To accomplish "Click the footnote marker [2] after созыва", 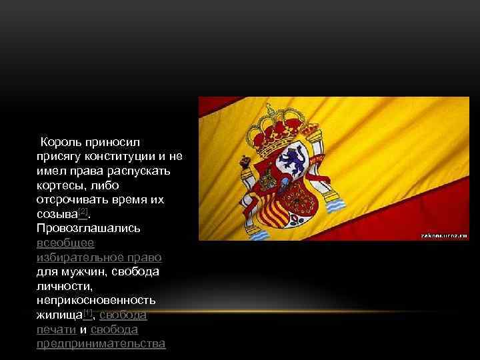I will pyautogui.click(x=83, y=213).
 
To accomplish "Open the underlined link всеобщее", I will pyautogui.click(x=66, y=243).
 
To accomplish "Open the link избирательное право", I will pyautogui.click(x=100, y=257).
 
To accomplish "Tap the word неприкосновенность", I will pyautogui.click(x=97, y=301).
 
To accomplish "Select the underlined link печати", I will pyautogui.click(x=57, y=329).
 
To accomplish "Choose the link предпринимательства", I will pyautogui.click(x=102, y=344).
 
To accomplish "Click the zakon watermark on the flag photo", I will pyautogui.click(x=444, y=235).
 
